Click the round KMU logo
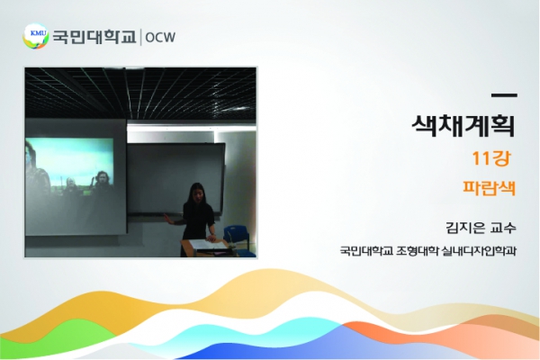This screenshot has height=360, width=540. (35, 36)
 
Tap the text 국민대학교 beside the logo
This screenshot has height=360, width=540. (94, 37)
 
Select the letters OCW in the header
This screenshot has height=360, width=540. (160, 37)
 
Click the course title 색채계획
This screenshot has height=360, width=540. (463, 126)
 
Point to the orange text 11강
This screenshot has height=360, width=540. (490, 158)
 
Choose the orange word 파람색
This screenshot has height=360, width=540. (489, 188)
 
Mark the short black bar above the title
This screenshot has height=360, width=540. (504, 95)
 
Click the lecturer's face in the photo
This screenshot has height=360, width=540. (197, 193)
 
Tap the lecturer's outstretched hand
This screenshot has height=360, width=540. (167, 219)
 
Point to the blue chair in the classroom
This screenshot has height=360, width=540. (238, 238)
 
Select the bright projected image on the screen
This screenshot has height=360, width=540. (69, 165)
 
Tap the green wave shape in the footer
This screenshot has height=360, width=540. (62, 339)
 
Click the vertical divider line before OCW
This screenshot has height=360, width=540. (141, 37)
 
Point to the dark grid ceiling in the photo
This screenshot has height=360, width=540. (140, 93)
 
